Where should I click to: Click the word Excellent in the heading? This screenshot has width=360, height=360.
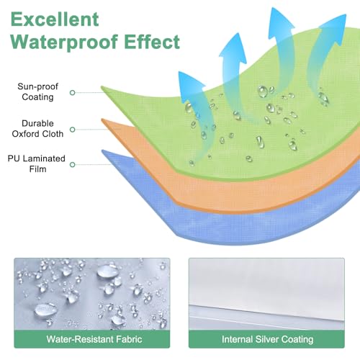tap(55, 19)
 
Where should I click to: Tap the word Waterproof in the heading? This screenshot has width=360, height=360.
tap(64, 42)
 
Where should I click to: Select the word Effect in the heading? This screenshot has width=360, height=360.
tap(152, 41)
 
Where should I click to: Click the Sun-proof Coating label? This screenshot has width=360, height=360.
tap(37, 91)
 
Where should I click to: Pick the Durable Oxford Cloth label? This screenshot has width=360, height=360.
tap(37, 129)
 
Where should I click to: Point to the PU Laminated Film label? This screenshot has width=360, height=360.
tap(37, 163)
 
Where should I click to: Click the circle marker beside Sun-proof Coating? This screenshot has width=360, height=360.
tap(72, 93)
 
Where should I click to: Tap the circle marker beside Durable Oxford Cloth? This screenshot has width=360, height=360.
tap(72, 130)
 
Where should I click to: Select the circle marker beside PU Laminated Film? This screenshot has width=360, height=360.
tap(72, 165)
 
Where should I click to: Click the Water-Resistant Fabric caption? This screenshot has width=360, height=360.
tap(94, 339)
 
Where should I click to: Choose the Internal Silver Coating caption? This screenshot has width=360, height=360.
tap(267, 339)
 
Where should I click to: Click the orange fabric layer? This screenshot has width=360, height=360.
tap(240, 192)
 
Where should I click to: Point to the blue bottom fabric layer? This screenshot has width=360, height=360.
tap(240, 225)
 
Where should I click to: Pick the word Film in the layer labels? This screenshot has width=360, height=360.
tap(37, 169)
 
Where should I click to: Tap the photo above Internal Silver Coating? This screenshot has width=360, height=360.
tap(266, 294)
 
